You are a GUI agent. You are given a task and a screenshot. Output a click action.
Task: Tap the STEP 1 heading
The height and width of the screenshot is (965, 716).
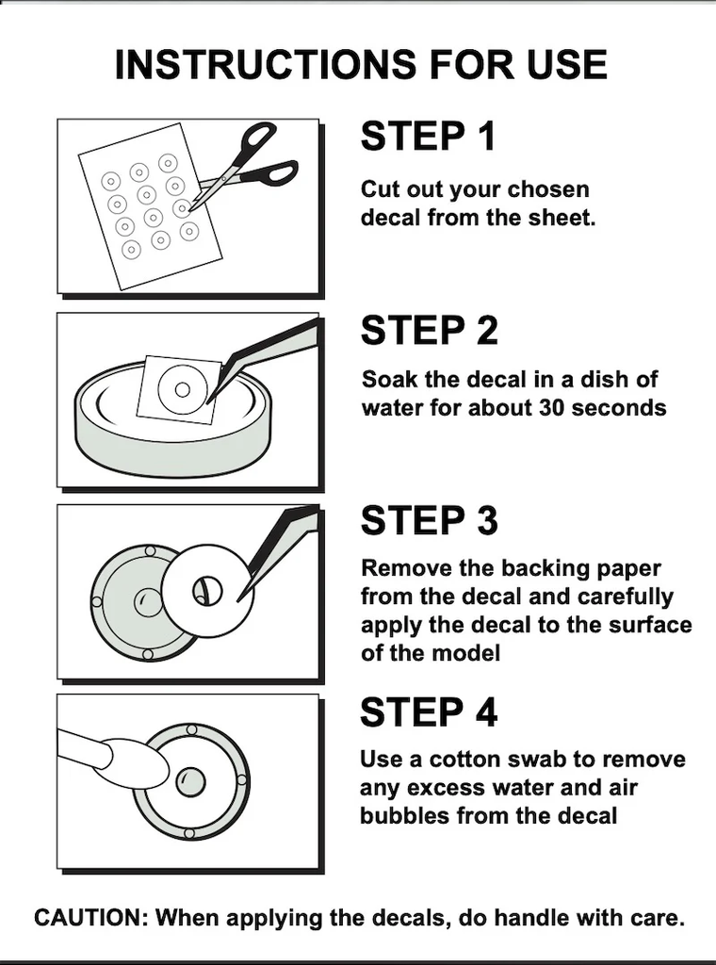[x=428, y=136]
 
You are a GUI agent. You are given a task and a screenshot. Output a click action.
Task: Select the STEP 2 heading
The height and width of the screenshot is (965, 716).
[x=429, y=330]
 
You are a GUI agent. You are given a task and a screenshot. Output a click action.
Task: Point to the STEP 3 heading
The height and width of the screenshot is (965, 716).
[x=429, y=520]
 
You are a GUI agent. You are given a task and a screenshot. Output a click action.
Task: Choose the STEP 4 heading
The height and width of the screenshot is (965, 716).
[x=428, y=712]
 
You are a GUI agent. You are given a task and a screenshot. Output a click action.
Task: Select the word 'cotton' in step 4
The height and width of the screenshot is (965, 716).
[x=465, y=760]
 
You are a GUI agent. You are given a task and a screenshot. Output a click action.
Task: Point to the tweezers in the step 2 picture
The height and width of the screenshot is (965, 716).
[x=265, y=357]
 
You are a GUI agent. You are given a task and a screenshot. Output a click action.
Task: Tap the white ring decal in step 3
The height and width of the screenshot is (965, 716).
[x=208, y=591]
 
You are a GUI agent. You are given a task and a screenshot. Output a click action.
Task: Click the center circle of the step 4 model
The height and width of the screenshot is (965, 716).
[x=190, y=781]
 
